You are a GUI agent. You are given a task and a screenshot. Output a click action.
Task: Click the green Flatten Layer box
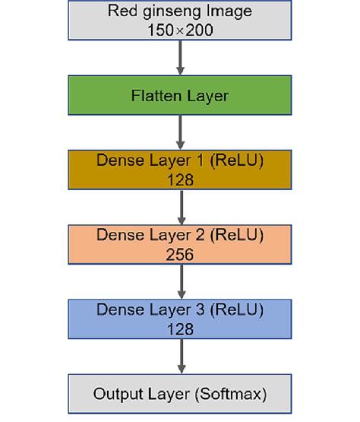(180, 96)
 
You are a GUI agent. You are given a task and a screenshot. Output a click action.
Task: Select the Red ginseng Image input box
(180, 20)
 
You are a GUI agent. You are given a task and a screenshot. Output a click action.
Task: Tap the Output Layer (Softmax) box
(180, 394)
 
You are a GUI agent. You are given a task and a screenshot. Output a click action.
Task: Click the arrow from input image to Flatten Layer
(180, 57)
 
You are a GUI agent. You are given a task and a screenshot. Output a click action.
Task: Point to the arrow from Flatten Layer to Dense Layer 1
(180, 132)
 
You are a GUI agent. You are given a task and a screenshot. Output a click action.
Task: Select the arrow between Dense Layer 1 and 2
(180, 207)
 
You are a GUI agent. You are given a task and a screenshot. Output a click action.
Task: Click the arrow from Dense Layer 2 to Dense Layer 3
(180, 281)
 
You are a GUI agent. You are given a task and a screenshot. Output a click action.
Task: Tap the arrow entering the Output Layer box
(180, 356)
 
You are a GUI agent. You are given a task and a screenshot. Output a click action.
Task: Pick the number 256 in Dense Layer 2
(180, 254)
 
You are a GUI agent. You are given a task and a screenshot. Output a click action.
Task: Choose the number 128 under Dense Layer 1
(180, 179)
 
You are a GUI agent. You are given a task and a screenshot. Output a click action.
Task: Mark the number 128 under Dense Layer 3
(180, 328)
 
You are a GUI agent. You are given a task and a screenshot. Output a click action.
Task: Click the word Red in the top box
(121, 11)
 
